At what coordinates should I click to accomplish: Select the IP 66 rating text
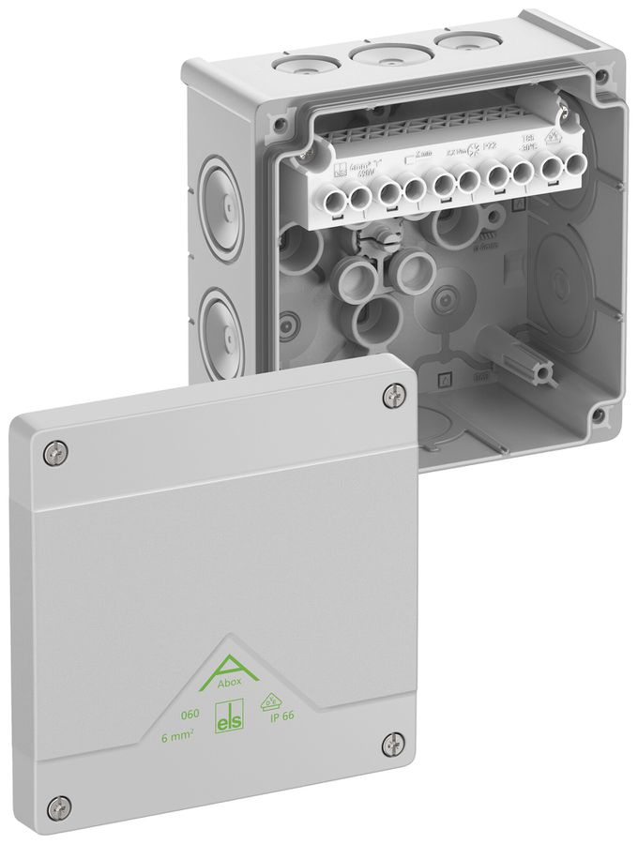click(x=283, y=723)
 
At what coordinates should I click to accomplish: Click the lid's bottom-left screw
click(x=62, y=804)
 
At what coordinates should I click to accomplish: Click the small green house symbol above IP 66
click(x=280, y=701)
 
